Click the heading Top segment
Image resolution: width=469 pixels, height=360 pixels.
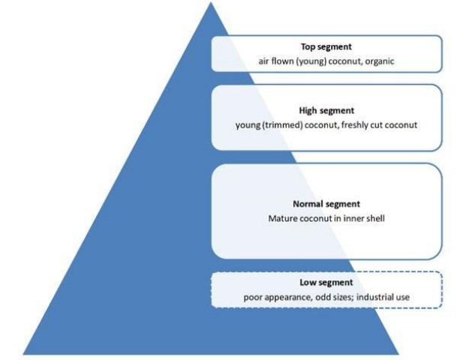(x=326, y=46)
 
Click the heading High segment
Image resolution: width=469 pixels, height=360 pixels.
(x=326, y=110)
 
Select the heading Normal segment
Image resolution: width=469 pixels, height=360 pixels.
(x=326, y=204)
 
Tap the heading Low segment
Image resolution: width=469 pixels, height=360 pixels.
(x=326, y=283)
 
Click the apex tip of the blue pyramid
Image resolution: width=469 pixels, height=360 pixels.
(x=211, y=4)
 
